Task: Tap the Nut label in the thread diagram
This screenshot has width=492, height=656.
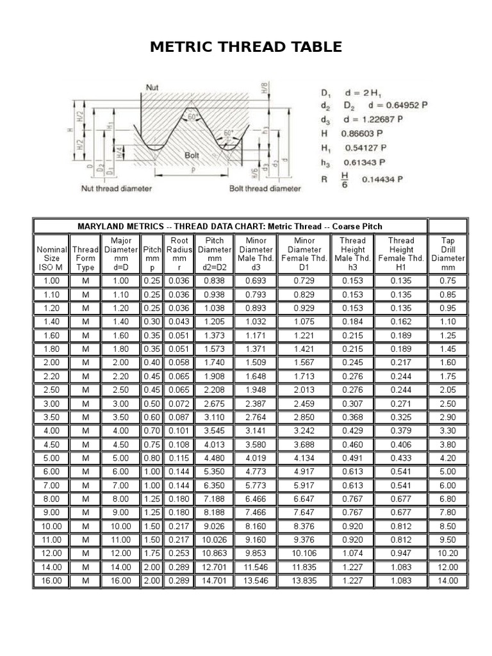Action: [152, 86]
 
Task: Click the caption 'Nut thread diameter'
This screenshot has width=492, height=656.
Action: [116, 189]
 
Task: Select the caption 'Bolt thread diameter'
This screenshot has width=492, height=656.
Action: [265, 189]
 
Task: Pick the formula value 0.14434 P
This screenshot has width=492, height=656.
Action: [382, 180]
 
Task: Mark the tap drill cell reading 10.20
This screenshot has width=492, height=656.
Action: [448, 553]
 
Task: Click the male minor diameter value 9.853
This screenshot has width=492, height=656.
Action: [256, 553]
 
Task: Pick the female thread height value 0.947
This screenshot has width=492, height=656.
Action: [401, 553]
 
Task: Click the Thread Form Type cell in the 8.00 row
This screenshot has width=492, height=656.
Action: [85, 498]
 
